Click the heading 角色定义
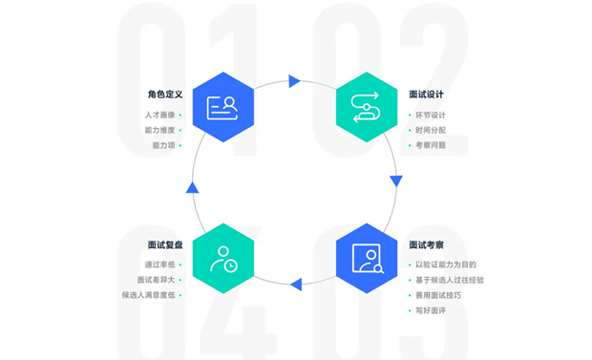point(165,95)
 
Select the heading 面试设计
point(426,95)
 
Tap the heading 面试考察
point(426,245)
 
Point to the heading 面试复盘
point(165,245)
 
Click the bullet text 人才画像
point(159,115)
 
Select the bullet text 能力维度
point(159,130)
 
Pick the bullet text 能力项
point(163,145)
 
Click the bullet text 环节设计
point(431,115)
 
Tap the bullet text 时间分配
point(431,130)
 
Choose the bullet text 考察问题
point(431,145)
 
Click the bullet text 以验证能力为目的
point(446,265)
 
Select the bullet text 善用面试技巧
point(438,295)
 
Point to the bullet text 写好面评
point(431,310)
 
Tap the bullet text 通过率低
point(159,265)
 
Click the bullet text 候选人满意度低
point(148,295)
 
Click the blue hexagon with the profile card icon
point(223,107)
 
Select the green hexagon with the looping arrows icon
point(367,107)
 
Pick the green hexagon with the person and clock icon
point(223,259)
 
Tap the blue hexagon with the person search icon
point(367,259)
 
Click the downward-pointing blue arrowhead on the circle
point(396,180)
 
